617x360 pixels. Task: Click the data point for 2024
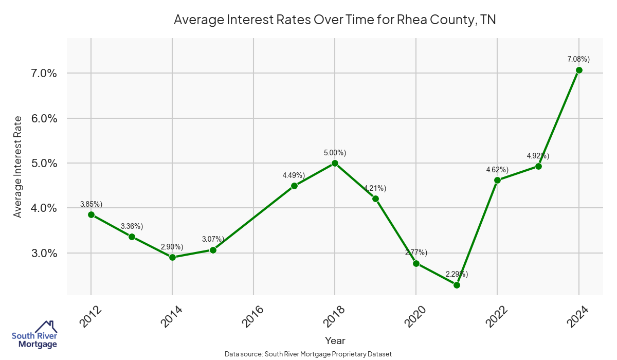click(x=579, y=70)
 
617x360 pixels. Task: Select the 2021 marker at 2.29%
click(x=457, y=285)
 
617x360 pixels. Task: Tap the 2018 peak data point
click(x=335, y=163)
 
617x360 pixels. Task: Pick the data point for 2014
click(x=172, y=257)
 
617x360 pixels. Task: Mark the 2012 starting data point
click(x=91, y=214)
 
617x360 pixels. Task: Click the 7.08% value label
click(x=578, y=60)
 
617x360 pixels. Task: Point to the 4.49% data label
click(x=294, y=175)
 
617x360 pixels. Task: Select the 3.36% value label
click(x=132, y=226)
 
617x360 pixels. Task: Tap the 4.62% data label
click(x=497, y=170)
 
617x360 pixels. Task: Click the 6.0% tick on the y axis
click(x=42, y=118)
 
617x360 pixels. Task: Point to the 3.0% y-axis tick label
click(x=42, y=254)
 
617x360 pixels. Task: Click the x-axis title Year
click(x=335, y=340)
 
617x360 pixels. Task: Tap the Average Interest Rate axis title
click(x=18, y=167)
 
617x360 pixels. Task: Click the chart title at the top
click(x=334, y=20)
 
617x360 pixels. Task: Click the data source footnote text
click(x=308, y=354)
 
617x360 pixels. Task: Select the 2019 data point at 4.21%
click(x=375, y=199)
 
